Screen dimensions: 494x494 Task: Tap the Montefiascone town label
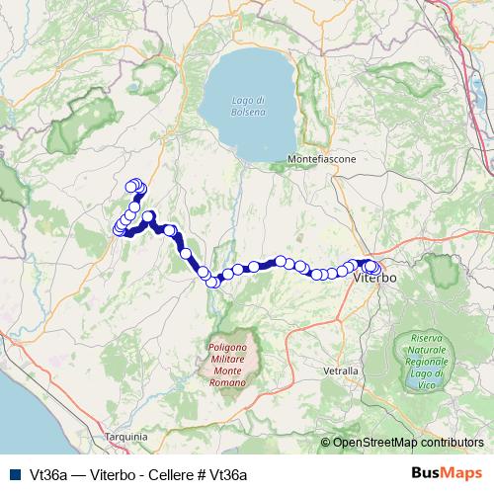tap(320, 159)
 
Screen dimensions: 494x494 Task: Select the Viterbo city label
tap(375, 281)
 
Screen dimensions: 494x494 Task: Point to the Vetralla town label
tap(340, 370)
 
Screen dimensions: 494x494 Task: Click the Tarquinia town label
tap(125, 436)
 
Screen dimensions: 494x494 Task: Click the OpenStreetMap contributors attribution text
tap(408, 444)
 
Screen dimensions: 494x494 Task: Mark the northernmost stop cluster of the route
tap(135, 187)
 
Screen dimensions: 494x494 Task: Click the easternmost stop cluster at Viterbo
tap(372, 266)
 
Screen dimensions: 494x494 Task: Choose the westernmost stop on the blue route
tap(119, 230)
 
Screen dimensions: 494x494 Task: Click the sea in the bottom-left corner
tap(15, 415)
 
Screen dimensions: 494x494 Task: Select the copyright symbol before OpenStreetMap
tap(326, 444)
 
